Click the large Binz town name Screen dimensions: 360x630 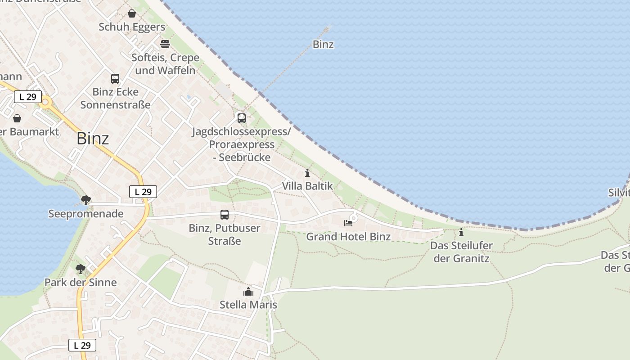coord(93,138)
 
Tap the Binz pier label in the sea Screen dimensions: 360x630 coord(323,45)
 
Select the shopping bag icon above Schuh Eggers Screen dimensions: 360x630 coord(132,13)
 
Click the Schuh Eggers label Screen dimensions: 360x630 coord(132,27)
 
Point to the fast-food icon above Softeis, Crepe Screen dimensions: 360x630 coord(165,44)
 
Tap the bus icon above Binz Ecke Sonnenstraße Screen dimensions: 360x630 coord(115,79)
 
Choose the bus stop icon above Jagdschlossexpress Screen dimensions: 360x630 coord(242,118)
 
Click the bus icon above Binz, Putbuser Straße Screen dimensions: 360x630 coord(225,215)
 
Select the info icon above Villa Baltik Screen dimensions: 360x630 coord(307,173)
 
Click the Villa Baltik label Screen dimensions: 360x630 coord(307,186)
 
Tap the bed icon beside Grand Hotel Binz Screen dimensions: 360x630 coord(348,223)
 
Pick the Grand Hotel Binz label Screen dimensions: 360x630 coord(348,237)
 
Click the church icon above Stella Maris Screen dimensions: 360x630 coord(248,292)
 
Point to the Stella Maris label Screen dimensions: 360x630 coord(248,305)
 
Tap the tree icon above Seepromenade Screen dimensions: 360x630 coord(85,200)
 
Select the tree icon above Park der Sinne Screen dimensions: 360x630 coord(81,269)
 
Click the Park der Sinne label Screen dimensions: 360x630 coord(81,283)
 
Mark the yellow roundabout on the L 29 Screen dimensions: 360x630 coord(45,102)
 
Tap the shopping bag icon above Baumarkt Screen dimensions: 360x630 coord(17,118)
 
